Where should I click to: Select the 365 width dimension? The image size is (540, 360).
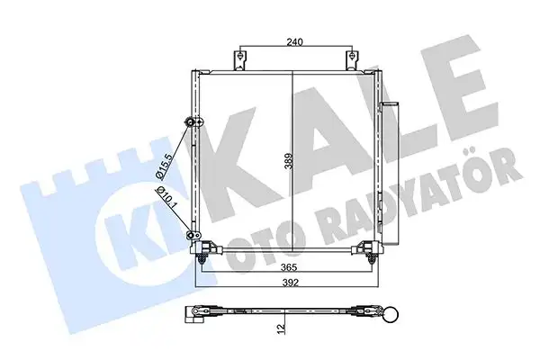click(287, 267)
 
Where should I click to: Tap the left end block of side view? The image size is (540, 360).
click(194, 314)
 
